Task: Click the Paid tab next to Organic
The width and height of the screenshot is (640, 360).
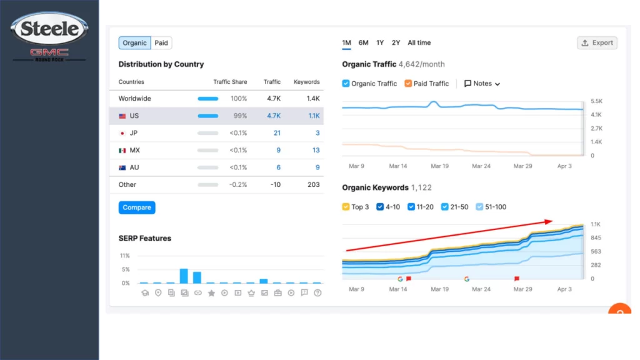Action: tap(161, 43)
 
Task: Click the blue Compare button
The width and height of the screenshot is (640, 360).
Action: tap(137, 207)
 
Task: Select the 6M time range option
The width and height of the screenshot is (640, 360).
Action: tap(363, 42)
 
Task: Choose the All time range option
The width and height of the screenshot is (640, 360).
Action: tap(419, 42)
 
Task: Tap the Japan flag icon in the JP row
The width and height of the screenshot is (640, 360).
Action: tap(122, 133)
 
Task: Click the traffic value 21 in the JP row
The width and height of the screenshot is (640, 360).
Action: tap(277, 133)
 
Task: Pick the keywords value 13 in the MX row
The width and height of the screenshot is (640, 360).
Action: tap(316, 150)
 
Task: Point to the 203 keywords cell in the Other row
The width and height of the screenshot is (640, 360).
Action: tap(314, 184)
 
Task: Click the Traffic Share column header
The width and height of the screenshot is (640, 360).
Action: tap(230, 82)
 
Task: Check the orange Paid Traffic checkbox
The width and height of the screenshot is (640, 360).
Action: tap(407, 83)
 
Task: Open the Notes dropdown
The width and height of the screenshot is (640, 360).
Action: tap(482, 83)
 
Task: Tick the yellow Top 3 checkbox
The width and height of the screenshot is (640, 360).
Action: tap(346, 207)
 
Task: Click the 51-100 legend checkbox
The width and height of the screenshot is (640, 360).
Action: tap(479, 207)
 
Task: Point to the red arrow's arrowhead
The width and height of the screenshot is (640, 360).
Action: tap(549, 221)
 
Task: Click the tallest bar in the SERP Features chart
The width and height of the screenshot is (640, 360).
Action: tap(184, 276)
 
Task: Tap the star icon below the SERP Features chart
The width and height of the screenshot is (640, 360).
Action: tap(211, 292)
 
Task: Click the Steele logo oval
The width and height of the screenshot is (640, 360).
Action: tap(49, 28)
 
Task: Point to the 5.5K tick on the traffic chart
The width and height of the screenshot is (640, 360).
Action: tap(596, 101)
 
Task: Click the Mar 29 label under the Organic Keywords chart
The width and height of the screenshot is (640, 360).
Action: tap(523, 289)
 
